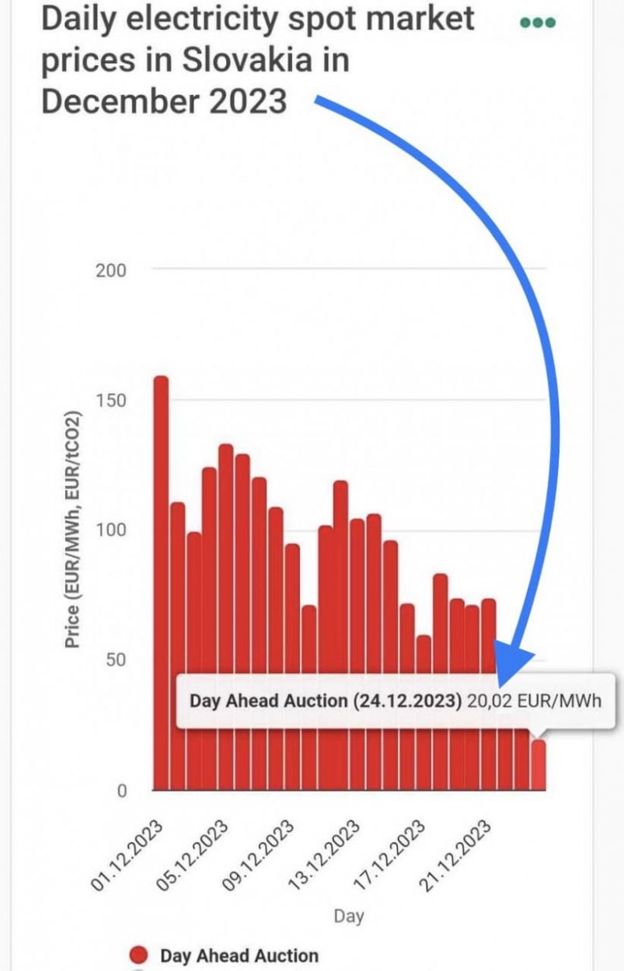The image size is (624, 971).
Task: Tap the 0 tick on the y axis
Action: (120, 791)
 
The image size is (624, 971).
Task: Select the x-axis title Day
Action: (349, 917)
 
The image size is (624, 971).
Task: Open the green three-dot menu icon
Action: (538, 23)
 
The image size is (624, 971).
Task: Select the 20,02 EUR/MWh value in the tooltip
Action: (534, 701)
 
